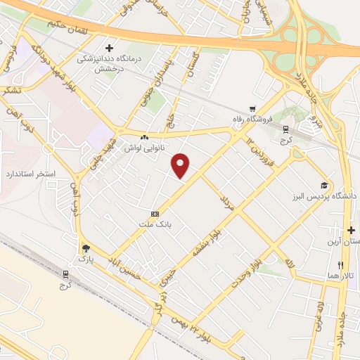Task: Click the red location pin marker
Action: (x=181, y=166)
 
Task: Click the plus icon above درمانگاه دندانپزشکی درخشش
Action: (x=108, y=48)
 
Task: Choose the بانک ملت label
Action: (x=155, y=226)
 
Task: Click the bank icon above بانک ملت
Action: (x=155, y=214)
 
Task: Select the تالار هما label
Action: (x=341, y=276)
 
